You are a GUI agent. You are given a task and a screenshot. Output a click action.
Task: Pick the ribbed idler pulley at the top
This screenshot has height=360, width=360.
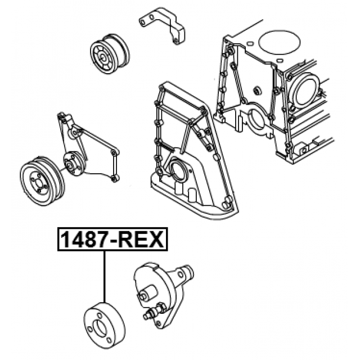click(110, 55)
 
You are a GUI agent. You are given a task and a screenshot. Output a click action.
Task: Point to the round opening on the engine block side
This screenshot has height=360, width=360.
click(304, 91)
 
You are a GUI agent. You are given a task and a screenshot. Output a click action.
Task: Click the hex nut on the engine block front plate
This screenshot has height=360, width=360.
click(256, 91)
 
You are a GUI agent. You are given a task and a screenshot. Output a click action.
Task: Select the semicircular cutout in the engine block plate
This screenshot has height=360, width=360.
click(256, 121)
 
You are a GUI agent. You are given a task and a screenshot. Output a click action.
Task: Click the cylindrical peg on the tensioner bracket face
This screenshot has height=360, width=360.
click(148, 292)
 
